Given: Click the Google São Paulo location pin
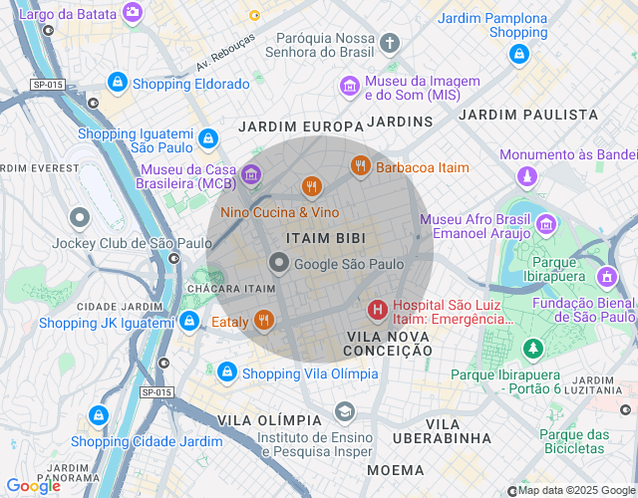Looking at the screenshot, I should pyautogui.click(x=279, y=264).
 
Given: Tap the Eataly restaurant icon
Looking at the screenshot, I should pyautogui.click(x=264, y=321).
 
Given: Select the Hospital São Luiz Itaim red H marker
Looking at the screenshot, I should pyautogui.click(x=378, y=311).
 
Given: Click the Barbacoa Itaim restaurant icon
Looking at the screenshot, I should pyautogui.click(x=360, y=167).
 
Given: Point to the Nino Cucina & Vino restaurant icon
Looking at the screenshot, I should pyautogui.click(x=312, y=187).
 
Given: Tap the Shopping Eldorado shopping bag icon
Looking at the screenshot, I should pyautogui.click(x=118, y=83).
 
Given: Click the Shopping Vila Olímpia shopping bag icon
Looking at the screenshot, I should pyautogui.click(x=227, y=373).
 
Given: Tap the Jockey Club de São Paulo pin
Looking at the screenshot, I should pyautogui.click(x=80, y=217).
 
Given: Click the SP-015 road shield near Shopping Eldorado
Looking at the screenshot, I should pyautogui.click(x=46, y=86).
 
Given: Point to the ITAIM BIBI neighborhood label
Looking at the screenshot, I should pyautogui.click(x=325, y=239).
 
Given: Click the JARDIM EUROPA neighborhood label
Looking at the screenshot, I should pyautogui.click(x=300, y=126).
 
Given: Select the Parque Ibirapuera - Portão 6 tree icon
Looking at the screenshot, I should pyautogui.click(x=533, y=349).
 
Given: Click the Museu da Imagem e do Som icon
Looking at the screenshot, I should pyautogui.click(x=350, y=87).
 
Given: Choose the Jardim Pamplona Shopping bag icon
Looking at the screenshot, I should pyautogui.click(x=517, y=56).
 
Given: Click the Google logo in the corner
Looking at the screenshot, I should pyautogui.click(x=33, y=486).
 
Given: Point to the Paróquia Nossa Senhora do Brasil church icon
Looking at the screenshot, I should pyautogui.click(x=389, y=43).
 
